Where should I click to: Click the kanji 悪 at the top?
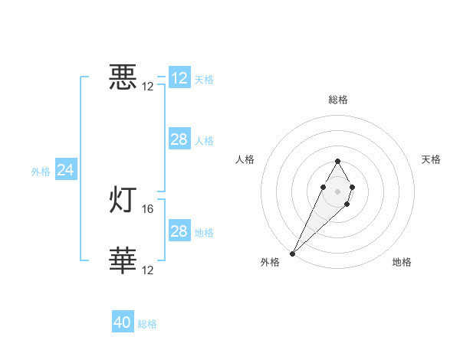tap(123, 78)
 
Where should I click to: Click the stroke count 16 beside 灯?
tap(149, 208)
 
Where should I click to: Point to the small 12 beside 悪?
tap(148, 87)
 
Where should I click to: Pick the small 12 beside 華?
tap(149, 270)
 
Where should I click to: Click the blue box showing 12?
tap(179, 78)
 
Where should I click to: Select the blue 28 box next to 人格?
tap(179, 139)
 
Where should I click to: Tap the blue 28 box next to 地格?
tap(179, 231)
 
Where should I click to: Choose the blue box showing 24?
tap(66, 171)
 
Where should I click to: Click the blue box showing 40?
tap(123, 322)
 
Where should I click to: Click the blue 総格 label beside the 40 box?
tap(147, 324)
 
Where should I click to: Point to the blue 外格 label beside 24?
tap(41, 172)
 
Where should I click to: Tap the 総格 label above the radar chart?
tap(337, 100)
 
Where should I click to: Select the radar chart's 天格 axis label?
tap(432, 159)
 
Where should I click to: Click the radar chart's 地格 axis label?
tap(402, 263)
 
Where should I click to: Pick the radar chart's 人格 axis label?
tap(245, 159)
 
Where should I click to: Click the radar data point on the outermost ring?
tap(292, 253)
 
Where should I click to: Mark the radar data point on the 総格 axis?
tap(337, 161)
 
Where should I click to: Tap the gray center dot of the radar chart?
tap(337, 191)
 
